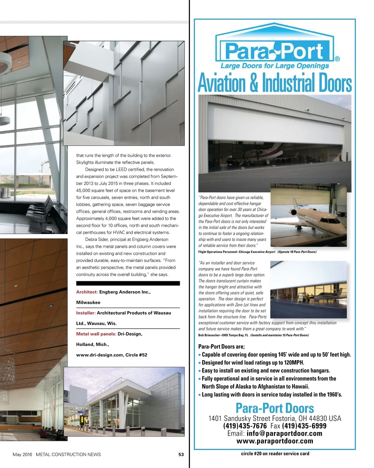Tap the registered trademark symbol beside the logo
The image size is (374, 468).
click(x=337, y=58)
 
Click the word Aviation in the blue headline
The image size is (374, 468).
click(x=222, y=83)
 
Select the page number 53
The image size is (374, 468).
click(x=181, y=454)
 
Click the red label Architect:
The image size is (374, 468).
click(x=87, y=292)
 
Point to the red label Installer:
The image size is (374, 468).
click(x=86, y=313)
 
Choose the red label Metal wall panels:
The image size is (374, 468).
click(x=96, y=334)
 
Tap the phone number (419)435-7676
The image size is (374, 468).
click(x=245, y=426)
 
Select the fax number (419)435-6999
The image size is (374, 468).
click(x=304, y=426)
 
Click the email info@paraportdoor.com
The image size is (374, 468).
click(x=284, y=433)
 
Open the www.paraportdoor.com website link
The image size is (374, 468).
click(x=275, y=441)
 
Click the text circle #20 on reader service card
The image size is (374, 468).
click(x=275, y=453)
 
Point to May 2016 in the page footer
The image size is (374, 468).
click(x=22, y=454)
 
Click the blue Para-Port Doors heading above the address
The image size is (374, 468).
click(x=275, y=408)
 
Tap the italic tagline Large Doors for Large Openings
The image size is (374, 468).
click(x=275, y=66)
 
